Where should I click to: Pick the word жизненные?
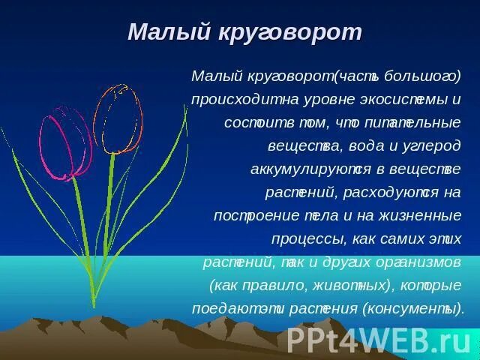[x=426, y=216]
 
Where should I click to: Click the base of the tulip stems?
[x=94, y=301]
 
